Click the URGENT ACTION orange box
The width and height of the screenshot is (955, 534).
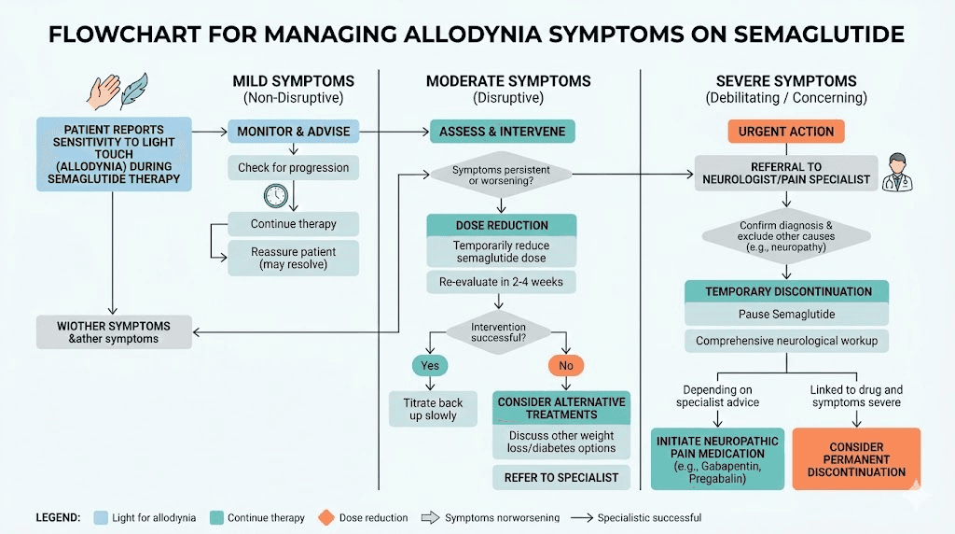point(785,132)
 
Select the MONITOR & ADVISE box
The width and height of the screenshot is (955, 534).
point(294,132)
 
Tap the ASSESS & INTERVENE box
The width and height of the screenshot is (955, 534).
point(502,132)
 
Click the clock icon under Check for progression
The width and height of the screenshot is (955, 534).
point(275,196)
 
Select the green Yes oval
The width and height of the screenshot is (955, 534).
point(429,365)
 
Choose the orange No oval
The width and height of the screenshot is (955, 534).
point(565,365)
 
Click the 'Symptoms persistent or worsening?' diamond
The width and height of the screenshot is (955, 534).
point(501,175)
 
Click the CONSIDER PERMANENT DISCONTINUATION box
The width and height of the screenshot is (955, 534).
point(856,459)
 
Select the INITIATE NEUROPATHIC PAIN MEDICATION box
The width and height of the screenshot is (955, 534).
point(717,459)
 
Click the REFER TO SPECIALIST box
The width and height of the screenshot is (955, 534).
point(561,477)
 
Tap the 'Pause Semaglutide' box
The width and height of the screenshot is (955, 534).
point(786,315)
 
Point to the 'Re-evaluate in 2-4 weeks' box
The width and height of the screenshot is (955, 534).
point(501,281)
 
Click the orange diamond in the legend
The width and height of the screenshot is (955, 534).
point(325,517)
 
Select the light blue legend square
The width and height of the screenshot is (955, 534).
point(100,517)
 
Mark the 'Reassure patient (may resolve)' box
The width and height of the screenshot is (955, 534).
point(294,259)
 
